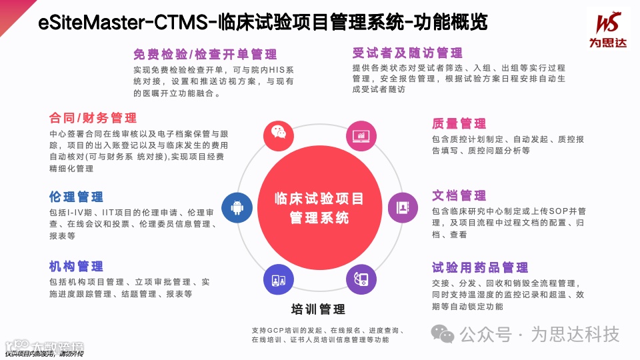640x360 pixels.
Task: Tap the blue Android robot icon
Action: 237,207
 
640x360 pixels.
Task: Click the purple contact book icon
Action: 403,207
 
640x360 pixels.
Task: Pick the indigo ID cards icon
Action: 279,279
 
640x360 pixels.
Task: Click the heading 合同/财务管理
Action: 93,118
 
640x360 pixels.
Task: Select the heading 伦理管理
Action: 76,197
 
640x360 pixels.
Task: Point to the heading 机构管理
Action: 76,267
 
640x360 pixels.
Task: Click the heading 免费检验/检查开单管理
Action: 205,54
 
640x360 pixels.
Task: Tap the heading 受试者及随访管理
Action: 407,53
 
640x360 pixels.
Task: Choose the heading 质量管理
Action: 459,123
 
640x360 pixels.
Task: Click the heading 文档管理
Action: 459,195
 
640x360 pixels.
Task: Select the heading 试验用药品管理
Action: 480,267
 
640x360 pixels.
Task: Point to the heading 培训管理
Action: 318,309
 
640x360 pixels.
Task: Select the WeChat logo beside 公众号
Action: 443,333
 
